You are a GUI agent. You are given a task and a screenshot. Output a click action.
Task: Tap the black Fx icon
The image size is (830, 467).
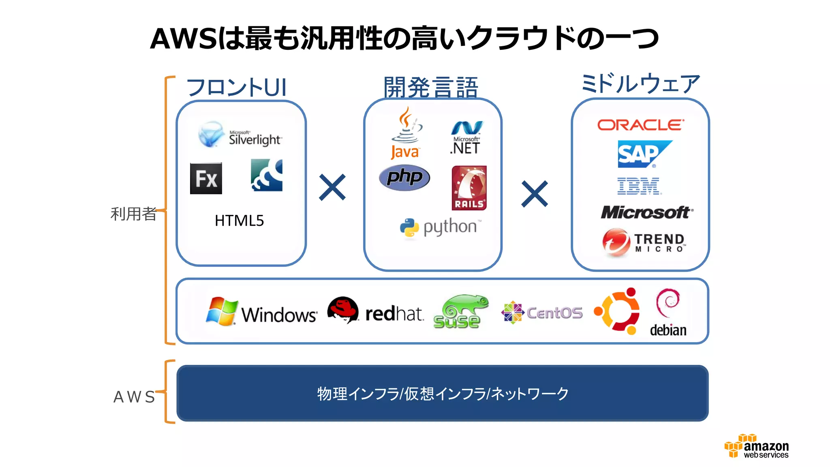[x=206, y=178]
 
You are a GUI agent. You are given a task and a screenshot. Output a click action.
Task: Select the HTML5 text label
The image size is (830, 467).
[x=239, y=221]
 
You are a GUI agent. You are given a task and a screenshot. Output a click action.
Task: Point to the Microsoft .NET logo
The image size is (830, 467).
[x=466, y=138]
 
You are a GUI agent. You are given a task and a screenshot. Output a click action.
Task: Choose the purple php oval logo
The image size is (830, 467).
[x=404, y=178]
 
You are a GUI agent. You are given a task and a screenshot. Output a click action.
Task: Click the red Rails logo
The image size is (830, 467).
[x=469, y=188]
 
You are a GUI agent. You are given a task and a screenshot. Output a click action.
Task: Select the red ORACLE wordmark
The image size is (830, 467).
[x=640, y=125]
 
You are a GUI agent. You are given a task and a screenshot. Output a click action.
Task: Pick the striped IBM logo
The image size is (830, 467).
[x=639, y=186]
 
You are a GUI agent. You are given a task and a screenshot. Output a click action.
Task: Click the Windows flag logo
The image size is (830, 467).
[x=221, y=311]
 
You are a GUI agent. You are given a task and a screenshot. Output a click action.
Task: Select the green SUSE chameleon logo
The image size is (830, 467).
[x=460, y=311]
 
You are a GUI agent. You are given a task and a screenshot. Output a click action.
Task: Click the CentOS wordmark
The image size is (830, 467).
[x=554, y=313]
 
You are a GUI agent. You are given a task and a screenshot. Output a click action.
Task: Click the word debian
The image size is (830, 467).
[x=668, y=330]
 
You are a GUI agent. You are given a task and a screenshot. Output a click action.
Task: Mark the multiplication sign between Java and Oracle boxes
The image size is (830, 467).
[x=535, y=194]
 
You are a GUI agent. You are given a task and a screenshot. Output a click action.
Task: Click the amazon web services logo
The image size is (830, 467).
[x=757, y=446]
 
